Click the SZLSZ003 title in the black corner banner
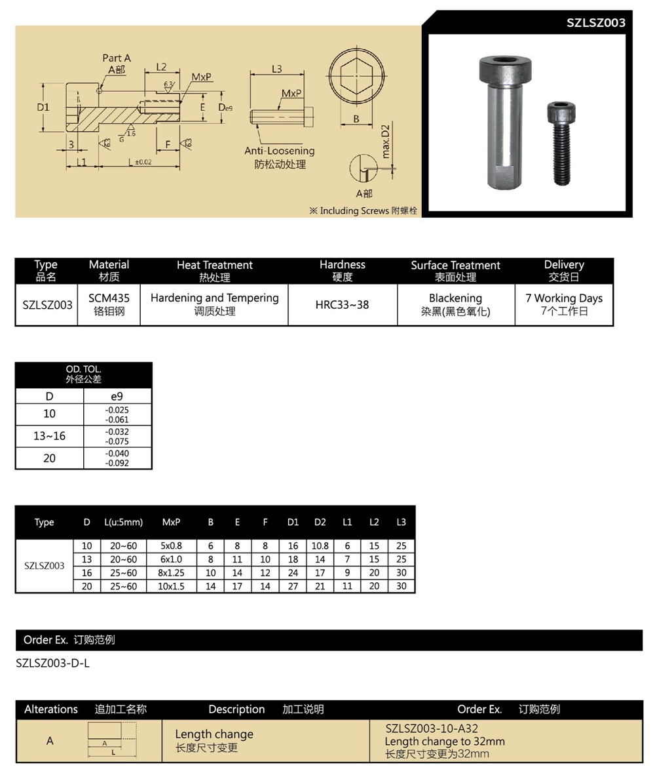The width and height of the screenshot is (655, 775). point(596,23)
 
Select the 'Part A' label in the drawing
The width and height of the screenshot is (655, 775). point(117,58)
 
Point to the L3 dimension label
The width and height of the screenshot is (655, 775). point(276,69)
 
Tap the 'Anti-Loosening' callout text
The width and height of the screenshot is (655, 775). point(280,151)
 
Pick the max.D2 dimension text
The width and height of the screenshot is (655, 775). point(385,141)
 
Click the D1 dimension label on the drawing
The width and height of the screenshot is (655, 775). point(43,106)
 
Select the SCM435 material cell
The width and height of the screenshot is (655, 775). point(109,298)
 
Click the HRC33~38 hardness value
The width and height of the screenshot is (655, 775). point(343,305)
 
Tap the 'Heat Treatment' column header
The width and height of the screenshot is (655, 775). point(214,265)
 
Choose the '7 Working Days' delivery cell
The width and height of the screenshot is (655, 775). point(564,298)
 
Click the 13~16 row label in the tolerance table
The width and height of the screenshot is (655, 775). point(50,436)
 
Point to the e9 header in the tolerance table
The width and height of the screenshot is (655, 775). point(117,396)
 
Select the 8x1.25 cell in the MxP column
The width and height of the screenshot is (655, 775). point(171,572)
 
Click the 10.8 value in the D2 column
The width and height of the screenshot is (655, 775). point(320,546)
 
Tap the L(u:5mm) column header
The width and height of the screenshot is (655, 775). point(123,522)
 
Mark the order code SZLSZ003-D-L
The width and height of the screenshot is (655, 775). point(52,663)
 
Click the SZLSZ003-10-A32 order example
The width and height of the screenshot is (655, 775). point(432,728)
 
